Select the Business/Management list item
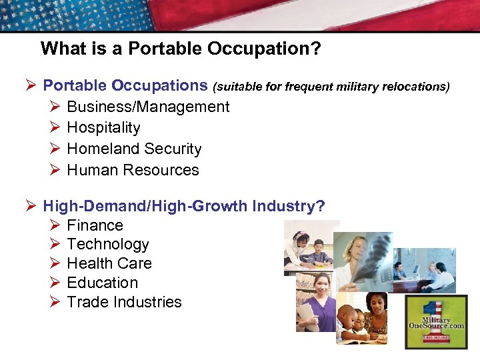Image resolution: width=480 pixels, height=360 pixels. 148,107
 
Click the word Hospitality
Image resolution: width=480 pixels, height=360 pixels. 103,127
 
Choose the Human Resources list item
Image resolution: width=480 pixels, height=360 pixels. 133,170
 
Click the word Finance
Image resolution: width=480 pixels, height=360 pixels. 95,225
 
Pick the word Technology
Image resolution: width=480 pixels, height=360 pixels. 107,244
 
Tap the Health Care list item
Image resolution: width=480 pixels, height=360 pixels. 109,263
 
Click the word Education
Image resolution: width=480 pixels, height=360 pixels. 102,283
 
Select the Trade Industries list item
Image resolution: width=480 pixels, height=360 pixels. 124,302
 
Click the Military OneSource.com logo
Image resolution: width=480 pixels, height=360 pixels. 437,321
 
